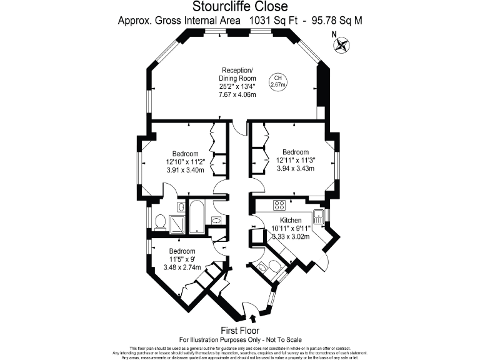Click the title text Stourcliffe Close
[240, 7]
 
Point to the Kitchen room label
[291, 221]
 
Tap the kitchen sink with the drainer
[319, 216]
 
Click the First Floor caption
[240, 330]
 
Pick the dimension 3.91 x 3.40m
[186, 170]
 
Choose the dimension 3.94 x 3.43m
[295, 168]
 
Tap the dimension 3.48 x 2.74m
[182, 267]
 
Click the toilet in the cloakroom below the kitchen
[262, 267]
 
